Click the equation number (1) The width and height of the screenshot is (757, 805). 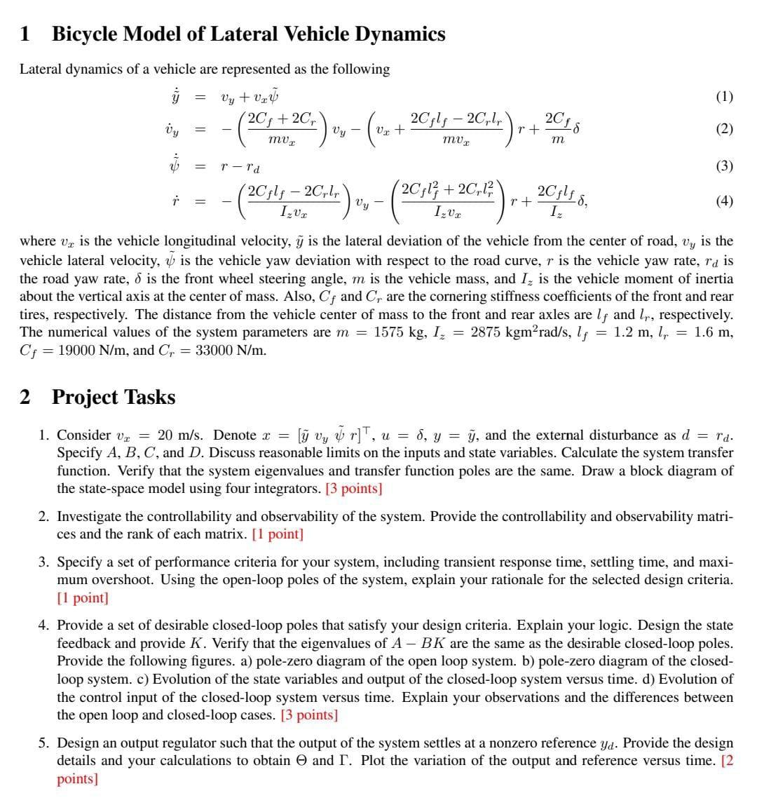[x=724, y=97]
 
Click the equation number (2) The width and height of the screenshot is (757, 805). [x=724, y=128]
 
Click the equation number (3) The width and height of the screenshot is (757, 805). [x=724, y=166]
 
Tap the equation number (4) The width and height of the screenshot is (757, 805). [x=724, y=201]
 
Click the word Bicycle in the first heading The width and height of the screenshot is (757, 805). [x=84, y=34]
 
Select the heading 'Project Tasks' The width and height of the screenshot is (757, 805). [x=114, y=397]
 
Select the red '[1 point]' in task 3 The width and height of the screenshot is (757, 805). [x=83, y=598]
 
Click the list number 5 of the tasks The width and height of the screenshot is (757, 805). [x=43, y=743]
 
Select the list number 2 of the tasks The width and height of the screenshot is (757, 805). [x=43, y=517]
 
